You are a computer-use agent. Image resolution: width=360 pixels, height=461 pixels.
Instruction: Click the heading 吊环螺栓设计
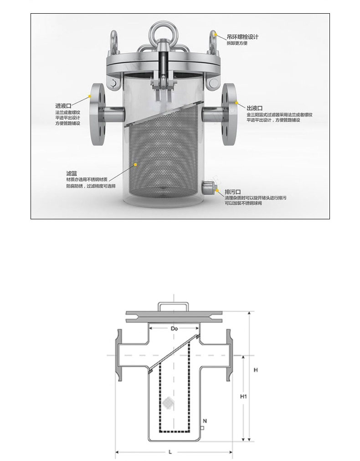[x=242, y=36]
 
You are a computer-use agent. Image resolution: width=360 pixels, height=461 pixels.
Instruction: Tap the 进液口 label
[x=63, y=105]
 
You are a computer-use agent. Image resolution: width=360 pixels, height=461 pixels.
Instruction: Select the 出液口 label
[x=255, y=108]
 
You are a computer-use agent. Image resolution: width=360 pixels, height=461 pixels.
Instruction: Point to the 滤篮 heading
[x=72, y=174]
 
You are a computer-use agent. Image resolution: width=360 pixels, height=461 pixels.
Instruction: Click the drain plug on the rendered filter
[x=208, y=186]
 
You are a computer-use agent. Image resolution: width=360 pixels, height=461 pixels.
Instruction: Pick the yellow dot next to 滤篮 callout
[x=135, y=163]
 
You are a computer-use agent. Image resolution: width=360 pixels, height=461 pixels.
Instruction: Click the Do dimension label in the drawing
[x=174, y=328]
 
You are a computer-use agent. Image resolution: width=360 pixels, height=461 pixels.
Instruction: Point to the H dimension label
[x=256, y=370]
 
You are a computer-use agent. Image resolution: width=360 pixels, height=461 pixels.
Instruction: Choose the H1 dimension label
[x=243, y=397]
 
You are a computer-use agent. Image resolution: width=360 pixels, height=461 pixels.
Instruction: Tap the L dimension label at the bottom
[x=170, y=452]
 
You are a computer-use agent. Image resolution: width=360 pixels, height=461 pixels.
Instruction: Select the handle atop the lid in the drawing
[x=173, y=306]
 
